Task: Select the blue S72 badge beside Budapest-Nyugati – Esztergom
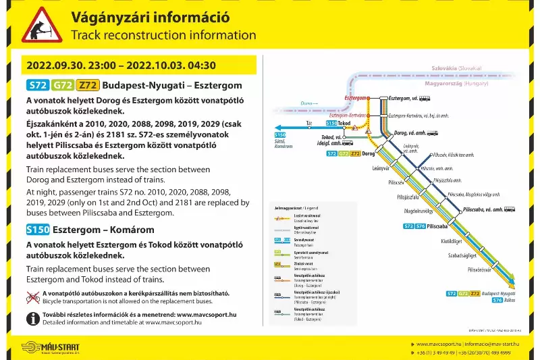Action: [x=36, y=85]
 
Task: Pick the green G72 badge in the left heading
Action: [x=63, y=85]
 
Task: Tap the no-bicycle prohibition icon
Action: [x=32, y=298]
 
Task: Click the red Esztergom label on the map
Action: [x=355, y=98]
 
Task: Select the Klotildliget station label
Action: [x=452, y=240]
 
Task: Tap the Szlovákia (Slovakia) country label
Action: [x=456, y=68]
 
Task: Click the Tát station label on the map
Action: [x=309, y=124]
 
